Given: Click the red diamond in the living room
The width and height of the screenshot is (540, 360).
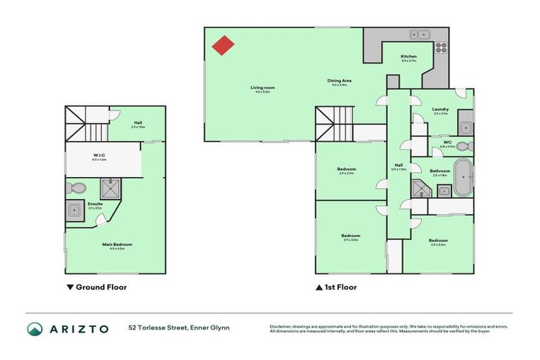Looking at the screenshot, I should (x=224, y=46).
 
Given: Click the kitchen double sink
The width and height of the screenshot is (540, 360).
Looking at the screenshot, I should (x=421, y=33).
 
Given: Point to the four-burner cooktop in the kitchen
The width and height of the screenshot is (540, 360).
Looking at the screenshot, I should (x=442, y=48).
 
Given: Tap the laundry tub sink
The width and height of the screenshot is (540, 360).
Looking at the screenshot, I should (x=465, y=127).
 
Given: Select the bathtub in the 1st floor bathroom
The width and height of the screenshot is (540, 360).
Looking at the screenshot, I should (x=463, y=178).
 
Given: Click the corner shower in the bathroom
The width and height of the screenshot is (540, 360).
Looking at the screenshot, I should (x=421, y=188).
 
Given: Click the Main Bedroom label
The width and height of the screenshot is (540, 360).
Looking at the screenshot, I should (x=116, y=245).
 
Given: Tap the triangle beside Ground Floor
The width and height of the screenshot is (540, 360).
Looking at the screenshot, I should (x=69, y=287).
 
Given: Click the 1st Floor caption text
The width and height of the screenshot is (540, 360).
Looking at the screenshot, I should (x=341, y=287).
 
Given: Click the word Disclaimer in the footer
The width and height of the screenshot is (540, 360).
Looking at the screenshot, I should (x=281, y=326).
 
